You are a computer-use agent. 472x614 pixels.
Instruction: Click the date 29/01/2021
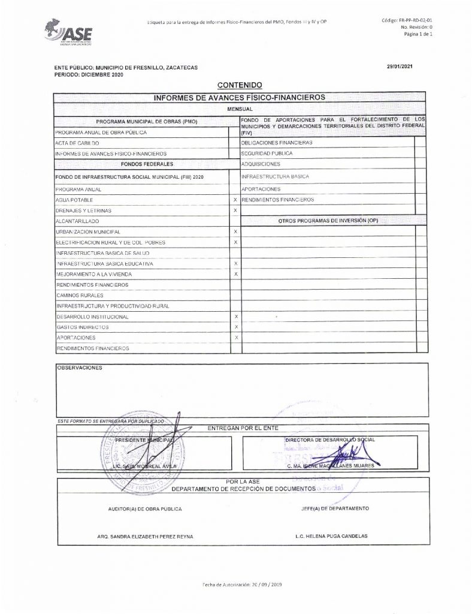[x=401, y=68]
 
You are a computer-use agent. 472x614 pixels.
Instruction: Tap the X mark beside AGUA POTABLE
[x=235, y=200]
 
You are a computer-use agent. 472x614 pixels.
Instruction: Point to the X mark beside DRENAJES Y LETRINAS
[x=235, y=210]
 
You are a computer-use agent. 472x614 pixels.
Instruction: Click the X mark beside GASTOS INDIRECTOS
[x=236, y=327]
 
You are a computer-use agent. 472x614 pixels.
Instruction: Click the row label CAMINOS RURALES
[x=80, y=296]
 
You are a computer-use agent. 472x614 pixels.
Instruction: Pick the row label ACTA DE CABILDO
[x=77, y=144]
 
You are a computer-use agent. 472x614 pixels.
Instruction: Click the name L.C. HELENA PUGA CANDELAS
[x=331, y=536]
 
